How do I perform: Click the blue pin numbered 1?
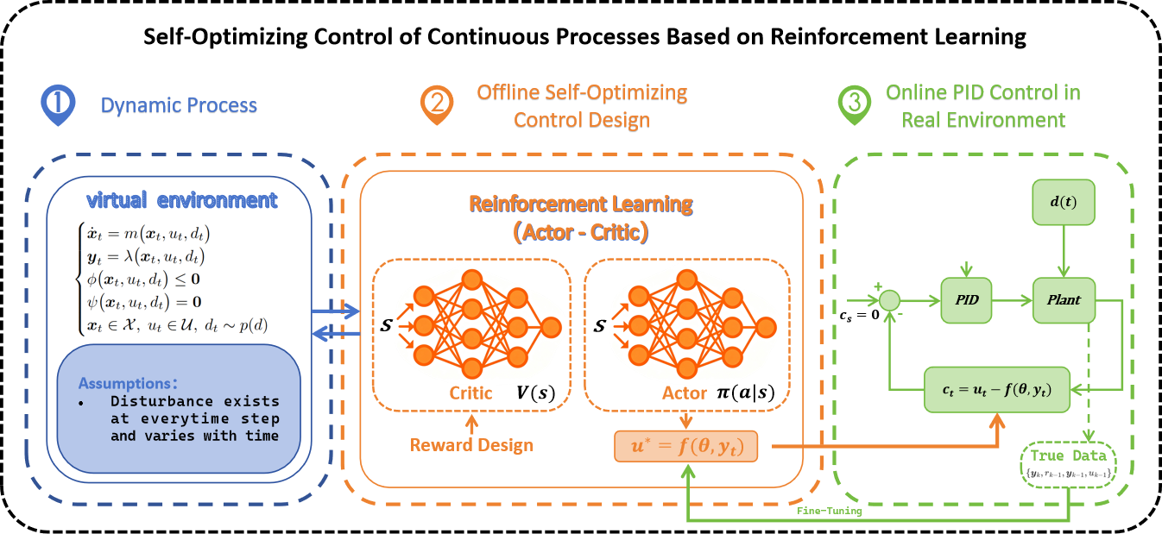coord(58,103)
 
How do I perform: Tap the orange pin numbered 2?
coord(437,104)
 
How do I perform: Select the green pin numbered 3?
coord(855,104)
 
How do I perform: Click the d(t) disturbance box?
coord(1064,202)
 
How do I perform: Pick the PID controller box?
coord(966,300)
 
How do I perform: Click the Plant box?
coord(1064,300)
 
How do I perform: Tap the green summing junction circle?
coord(890,300)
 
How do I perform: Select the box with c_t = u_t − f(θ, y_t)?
coord(997,390)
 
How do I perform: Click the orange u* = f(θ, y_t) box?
coord(685,446)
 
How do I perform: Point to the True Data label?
coord(1069,455)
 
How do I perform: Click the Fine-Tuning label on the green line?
coord(829,511)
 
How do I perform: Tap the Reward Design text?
coord(471,445)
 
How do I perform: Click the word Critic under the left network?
coord(470,393)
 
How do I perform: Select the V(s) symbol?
coord(535,393)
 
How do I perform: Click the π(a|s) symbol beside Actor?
coord(745,393)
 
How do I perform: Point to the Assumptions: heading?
coord(128,383)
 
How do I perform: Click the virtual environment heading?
coord(181,200)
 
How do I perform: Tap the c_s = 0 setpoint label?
coord(860,315)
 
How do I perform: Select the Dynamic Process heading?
coord(179,105)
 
